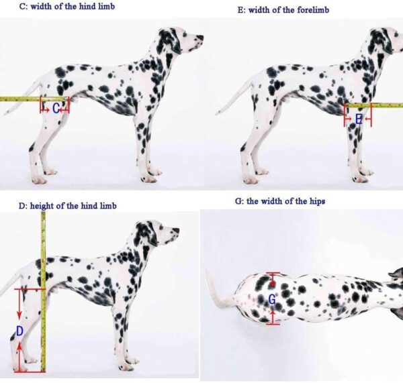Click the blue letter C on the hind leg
56,109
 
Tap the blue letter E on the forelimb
359,119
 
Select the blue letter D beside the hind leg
19,331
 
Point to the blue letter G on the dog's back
272,299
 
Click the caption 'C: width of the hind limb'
67,6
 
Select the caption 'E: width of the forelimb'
283,10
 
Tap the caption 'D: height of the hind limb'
67,206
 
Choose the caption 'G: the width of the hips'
280,201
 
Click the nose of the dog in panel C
200,38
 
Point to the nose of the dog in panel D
176,230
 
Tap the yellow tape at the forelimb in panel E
374,105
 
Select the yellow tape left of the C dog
32,99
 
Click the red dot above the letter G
273,284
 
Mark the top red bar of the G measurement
273,272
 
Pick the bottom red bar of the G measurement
273,325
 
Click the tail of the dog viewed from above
218,290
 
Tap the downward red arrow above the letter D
19,305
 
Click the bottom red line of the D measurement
30,371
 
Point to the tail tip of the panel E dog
218,113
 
